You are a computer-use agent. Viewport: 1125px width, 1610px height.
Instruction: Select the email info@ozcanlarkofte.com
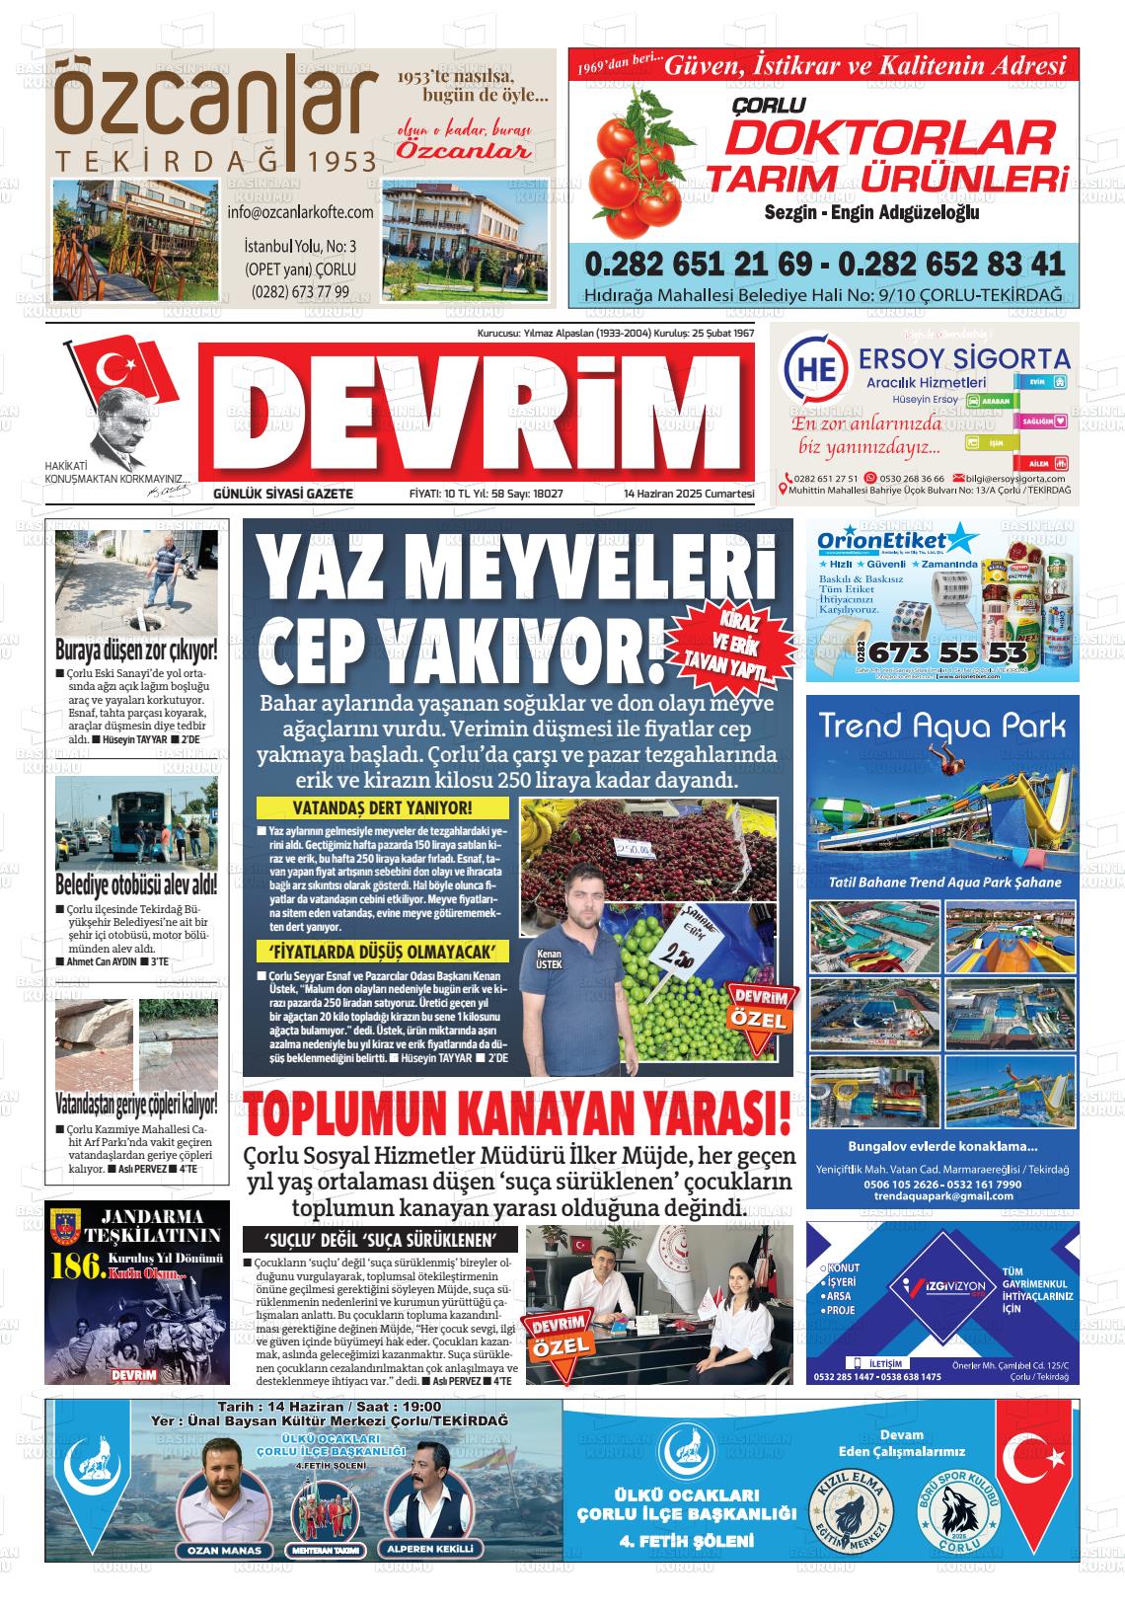[300, 212]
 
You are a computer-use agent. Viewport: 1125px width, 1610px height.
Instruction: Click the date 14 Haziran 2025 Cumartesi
[689, 494]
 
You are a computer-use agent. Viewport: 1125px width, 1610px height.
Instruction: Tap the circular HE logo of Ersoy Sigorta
[813, 372]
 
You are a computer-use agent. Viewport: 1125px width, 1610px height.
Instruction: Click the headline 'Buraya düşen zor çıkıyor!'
[136, 652]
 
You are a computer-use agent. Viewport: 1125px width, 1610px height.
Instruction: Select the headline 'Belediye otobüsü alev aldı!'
[136, 882]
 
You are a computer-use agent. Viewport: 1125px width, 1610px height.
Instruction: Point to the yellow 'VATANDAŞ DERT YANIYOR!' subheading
[384, 808]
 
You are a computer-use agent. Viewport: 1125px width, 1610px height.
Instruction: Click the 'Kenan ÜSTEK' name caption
[548, 959]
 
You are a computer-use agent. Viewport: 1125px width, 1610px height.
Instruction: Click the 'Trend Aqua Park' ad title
[942, 727]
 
